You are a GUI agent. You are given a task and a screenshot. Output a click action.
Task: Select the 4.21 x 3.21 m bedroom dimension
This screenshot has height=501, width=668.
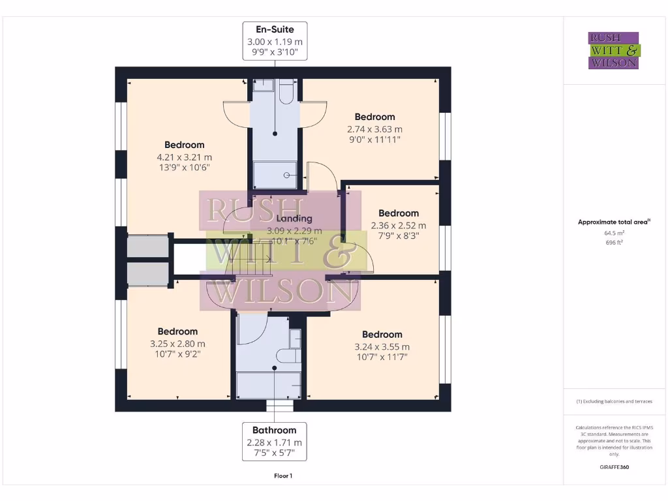click(x=184, y=157)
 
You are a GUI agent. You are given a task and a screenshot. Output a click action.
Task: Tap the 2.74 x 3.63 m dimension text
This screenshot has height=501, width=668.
click(x=374, y=129)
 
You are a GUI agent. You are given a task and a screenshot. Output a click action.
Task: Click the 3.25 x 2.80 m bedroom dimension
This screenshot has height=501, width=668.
click(x=177, y=344)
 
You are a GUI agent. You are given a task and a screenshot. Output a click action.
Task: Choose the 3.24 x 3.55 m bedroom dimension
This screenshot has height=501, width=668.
click(x=382, y=347)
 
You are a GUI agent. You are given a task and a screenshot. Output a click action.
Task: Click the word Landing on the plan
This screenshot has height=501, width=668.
click(x=294, y=219)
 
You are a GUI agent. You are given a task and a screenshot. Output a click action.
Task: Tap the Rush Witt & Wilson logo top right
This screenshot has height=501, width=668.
click(x=613, y=50)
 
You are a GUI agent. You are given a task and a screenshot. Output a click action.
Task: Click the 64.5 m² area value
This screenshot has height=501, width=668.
click(x=613, y=232)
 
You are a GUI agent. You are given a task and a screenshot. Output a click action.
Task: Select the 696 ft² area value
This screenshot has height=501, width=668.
click(x=613, y=241)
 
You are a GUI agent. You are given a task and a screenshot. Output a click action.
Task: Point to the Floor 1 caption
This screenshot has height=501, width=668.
click(x=282, y=476)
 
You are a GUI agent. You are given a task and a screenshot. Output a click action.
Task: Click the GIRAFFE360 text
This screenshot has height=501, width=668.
click(x=613, y=467)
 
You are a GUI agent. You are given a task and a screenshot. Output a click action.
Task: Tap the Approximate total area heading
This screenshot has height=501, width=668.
click(x=613, y=222)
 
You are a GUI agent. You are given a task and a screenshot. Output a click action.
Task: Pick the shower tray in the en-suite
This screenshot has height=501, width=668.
click(x=275, y=174)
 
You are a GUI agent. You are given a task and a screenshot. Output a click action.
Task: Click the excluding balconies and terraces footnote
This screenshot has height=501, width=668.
click(x=613, y=401)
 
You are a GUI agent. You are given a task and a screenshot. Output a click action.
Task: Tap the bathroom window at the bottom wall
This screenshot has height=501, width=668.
click(x=280, y=406)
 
